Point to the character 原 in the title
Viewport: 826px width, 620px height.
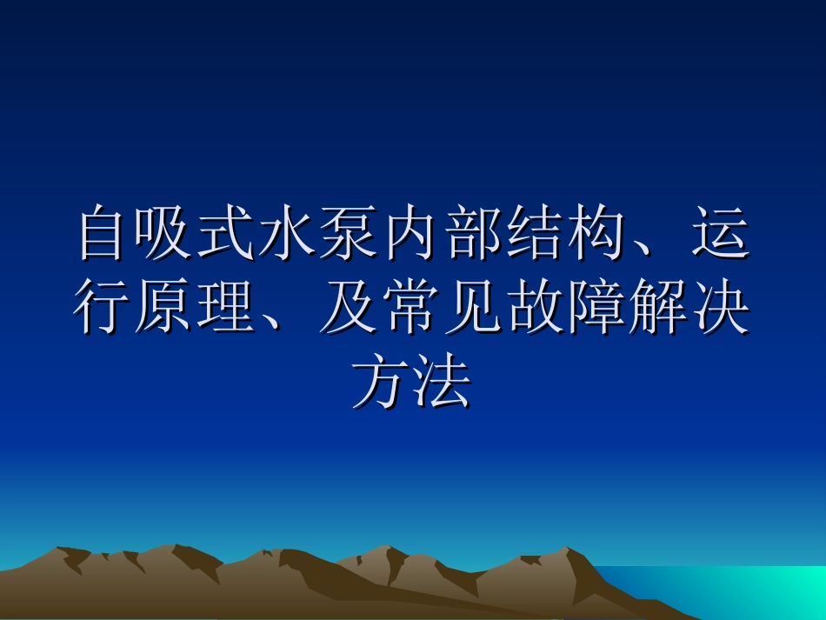click(164, 309)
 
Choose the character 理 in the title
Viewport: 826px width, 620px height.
click(225, 309)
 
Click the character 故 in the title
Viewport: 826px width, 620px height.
click(534, 309)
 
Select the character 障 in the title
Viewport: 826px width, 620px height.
click(595, 309)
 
